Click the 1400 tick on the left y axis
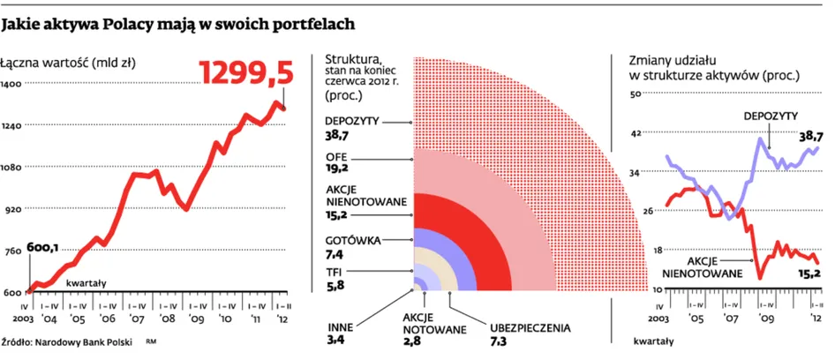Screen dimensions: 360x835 (x=12, y=83)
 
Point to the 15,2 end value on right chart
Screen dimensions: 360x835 (x=809, y=274)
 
